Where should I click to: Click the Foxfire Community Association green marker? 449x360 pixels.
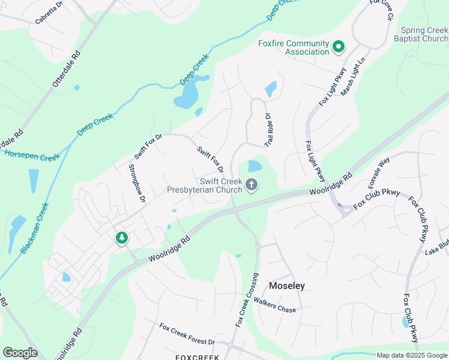point(339,47)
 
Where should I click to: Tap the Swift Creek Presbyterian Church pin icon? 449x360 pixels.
point(252,186)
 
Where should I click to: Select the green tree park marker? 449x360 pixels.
point(122,238)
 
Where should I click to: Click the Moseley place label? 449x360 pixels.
point(286,286)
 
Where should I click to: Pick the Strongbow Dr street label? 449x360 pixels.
point(136,183)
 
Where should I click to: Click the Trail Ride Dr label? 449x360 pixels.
point(268,131)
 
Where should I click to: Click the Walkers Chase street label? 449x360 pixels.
point(274,305)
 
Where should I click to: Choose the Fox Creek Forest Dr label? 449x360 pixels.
point(187,335)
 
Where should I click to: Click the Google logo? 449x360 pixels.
point(20,353)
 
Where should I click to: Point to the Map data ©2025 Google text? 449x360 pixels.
point(412,355)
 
